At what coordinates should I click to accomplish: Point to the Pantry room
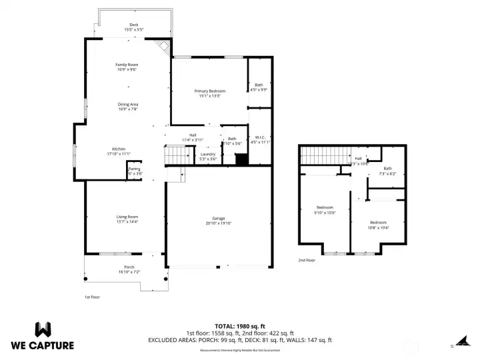135,171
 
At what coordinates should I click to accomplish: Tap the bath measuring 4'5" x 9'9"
259,87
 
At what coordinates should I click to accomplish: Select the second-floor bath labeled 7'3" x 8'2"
387,171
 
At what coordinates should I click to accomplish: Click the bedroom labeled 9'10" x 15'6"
325,210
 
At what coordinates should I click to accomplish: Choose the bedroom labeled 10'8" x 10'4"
378,225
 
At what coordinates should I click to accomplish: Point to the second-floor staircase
324,157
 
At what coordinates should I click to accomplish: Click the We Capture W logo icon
43,329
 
